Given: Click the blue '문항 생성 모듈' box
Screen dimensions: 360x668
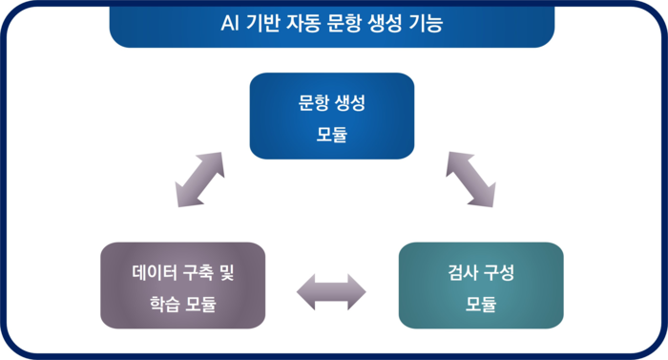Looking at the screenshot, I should [x=332, y=116].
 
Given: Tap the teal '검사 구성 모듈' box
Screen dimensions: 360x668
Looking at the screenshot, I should [x=481, y=285].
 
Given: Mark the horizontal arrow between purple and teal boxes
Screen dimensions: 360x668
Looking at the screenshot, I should [x=332, y=291].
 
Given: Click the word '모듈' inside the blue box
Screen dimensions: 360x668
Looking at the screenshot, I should [x=332, y=134].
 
